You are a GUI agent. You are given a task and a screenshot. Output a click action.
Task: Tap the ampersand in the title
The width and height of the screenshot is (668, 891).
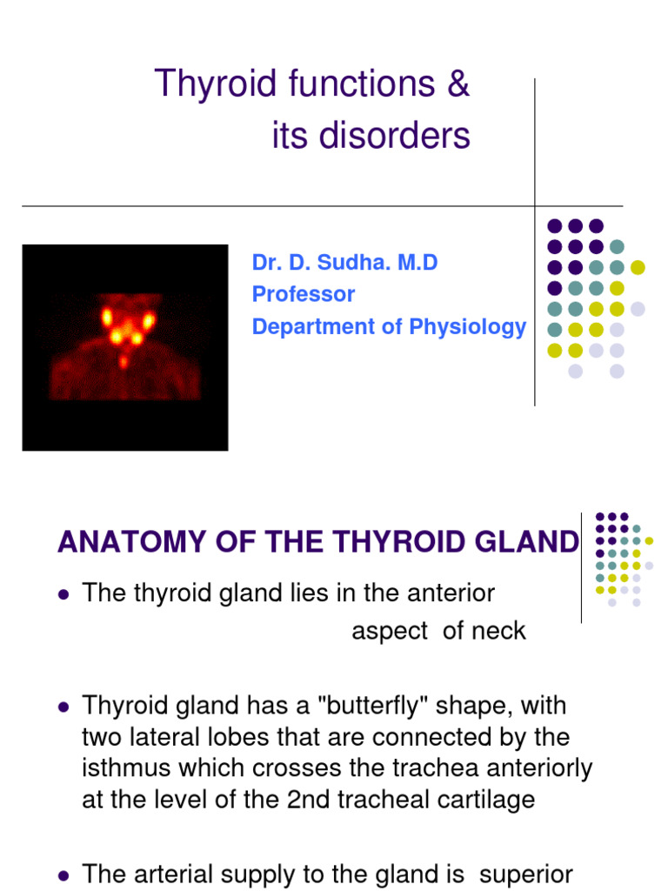click(458, 84)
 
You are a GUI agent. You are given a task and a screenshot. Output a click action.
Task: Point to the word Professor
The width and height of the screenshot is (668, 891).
click(303, 294)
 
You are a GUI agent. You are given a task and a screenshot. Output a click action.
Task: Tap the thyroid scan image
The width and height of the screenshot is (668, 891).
click(124, 346)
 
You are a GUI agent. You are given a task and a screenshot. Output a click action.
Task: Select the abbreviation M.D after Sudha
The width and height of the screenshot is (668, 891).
click(417, 263)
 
